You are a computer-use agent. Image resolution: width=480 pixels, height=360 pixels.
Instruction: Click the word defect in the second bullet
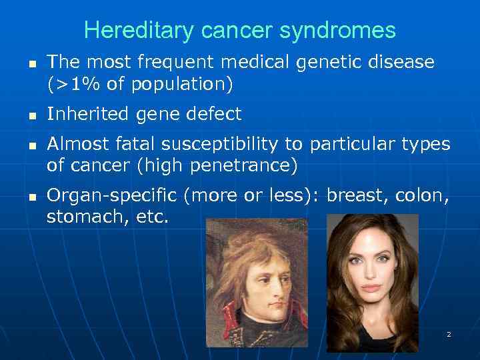click(x=215, y=115)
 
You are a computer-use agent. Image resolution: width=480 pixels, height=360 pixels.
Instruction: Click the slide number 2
click(x=449, y=334)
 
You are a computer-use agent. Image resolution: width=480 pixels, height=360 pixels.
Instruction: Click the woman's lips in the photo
click(x=372, y=288)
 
